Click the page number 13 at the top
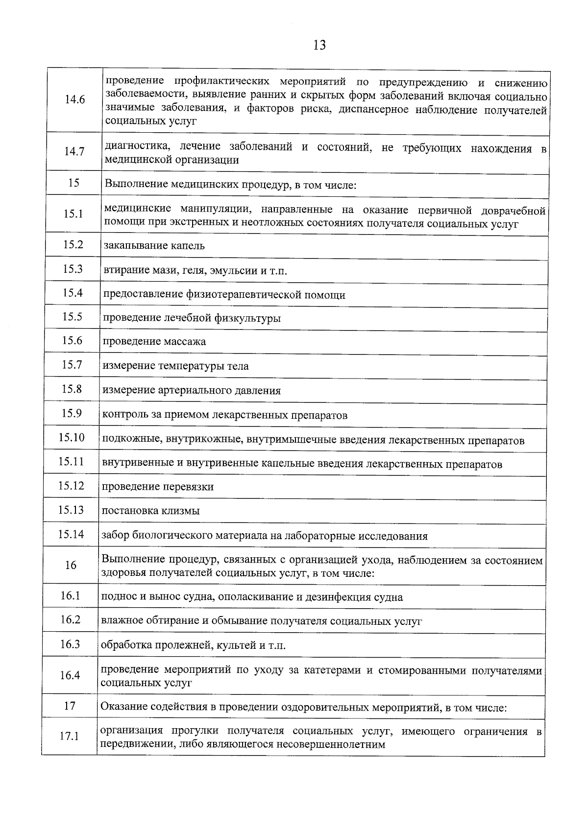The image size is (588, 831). click(x=318, y=46)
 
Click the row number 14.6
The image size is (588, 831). click(x=74, y=100)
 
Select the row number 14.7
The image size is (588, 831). click(x=74, y=151)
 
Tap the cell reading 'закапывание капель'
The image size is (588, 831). click(x=154, y=246)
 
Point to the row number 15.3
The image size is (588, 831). click(x=73, y=269)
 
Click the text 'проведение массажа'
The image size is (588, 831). click(x=154, y=342)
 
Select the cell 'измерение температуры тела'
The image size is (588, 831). click(x=175, y=366)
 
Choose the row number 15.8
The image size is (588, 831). click(x=72, y=389)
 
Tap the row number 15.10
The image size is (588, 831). click(x=72, y=437)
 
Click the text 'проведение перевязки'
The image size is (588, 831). click(x=157, y=487)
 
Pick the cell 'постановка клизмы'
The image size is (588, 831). click(x=150, y=511)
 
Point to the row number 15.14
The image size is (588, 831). click(x=71, y=534)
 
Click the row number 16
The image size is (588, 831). click(x=71, y=566)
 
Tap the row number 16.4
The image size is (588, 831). click(x=70, y=676)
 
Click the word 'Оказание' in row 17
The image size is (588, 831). click(x=121, y=707)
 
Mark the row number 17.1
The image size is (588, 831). click(x=69, y=736)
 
